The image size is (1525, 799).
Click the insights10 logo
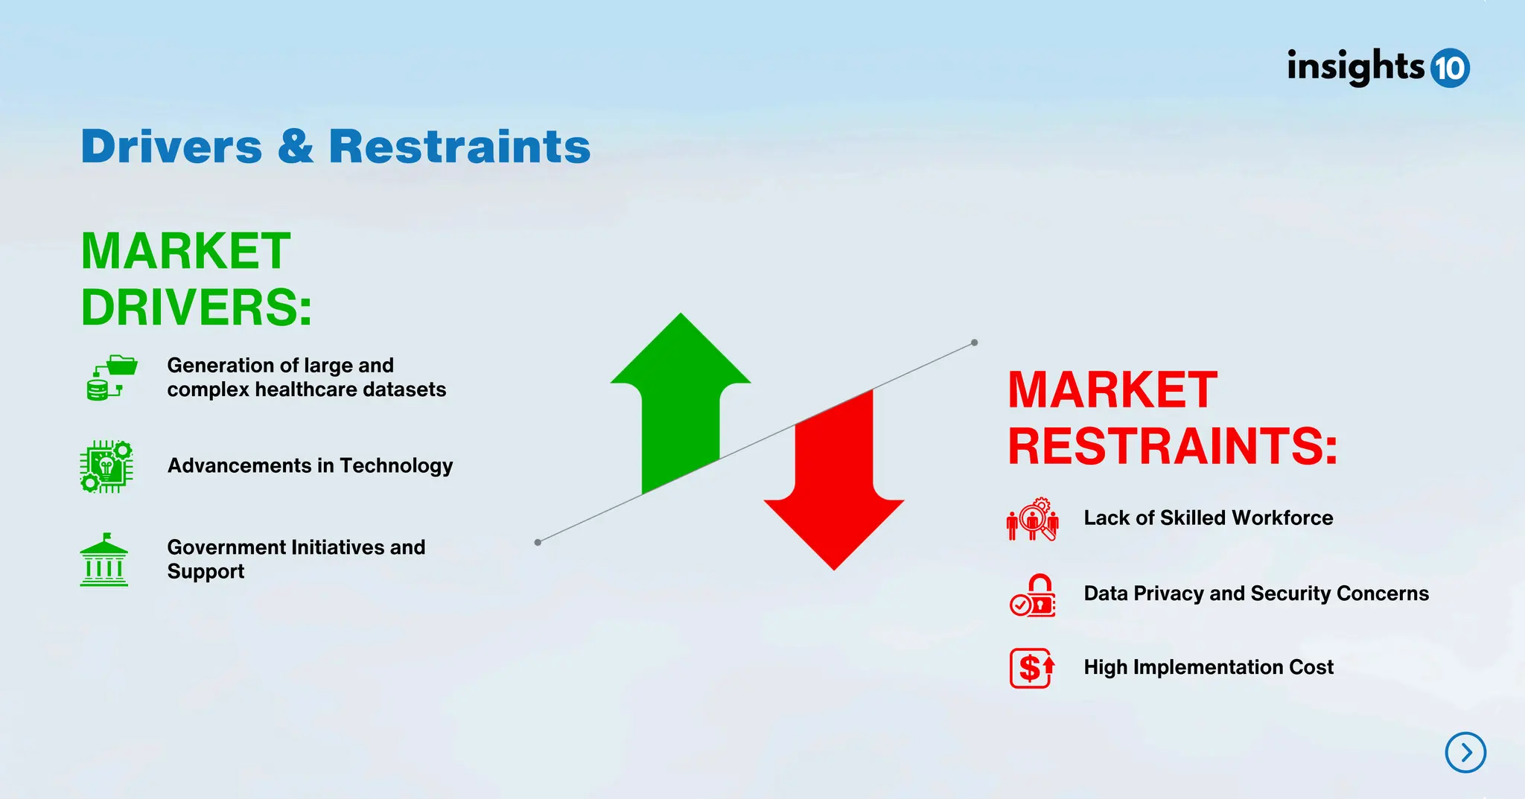(1378, 68)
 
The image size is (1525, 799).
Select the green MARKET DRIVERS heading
(195, 279)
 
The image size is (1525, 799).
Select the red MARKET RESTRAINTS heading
(1171, 418)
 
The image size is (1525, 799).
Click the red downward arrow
(834, 491)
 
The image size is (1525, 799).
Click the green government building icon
(104, 560)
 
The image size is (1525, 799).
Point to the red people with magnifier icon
(1033, 519)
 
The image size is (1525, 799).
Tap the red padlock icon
(1034, 595)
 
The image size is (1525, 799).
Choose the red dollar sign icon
(1032, 668)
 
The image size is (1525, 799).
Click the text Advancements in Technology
(310, 465)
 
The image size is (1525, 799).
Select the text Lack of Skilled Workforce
(1208, 518)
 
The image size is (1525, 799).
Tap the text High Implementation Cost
(1208, 667)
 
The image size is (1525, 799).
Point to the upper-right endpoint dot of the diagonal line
(974, 343)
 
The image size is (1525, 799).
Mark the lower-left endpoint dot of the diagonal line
(538, 542)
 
